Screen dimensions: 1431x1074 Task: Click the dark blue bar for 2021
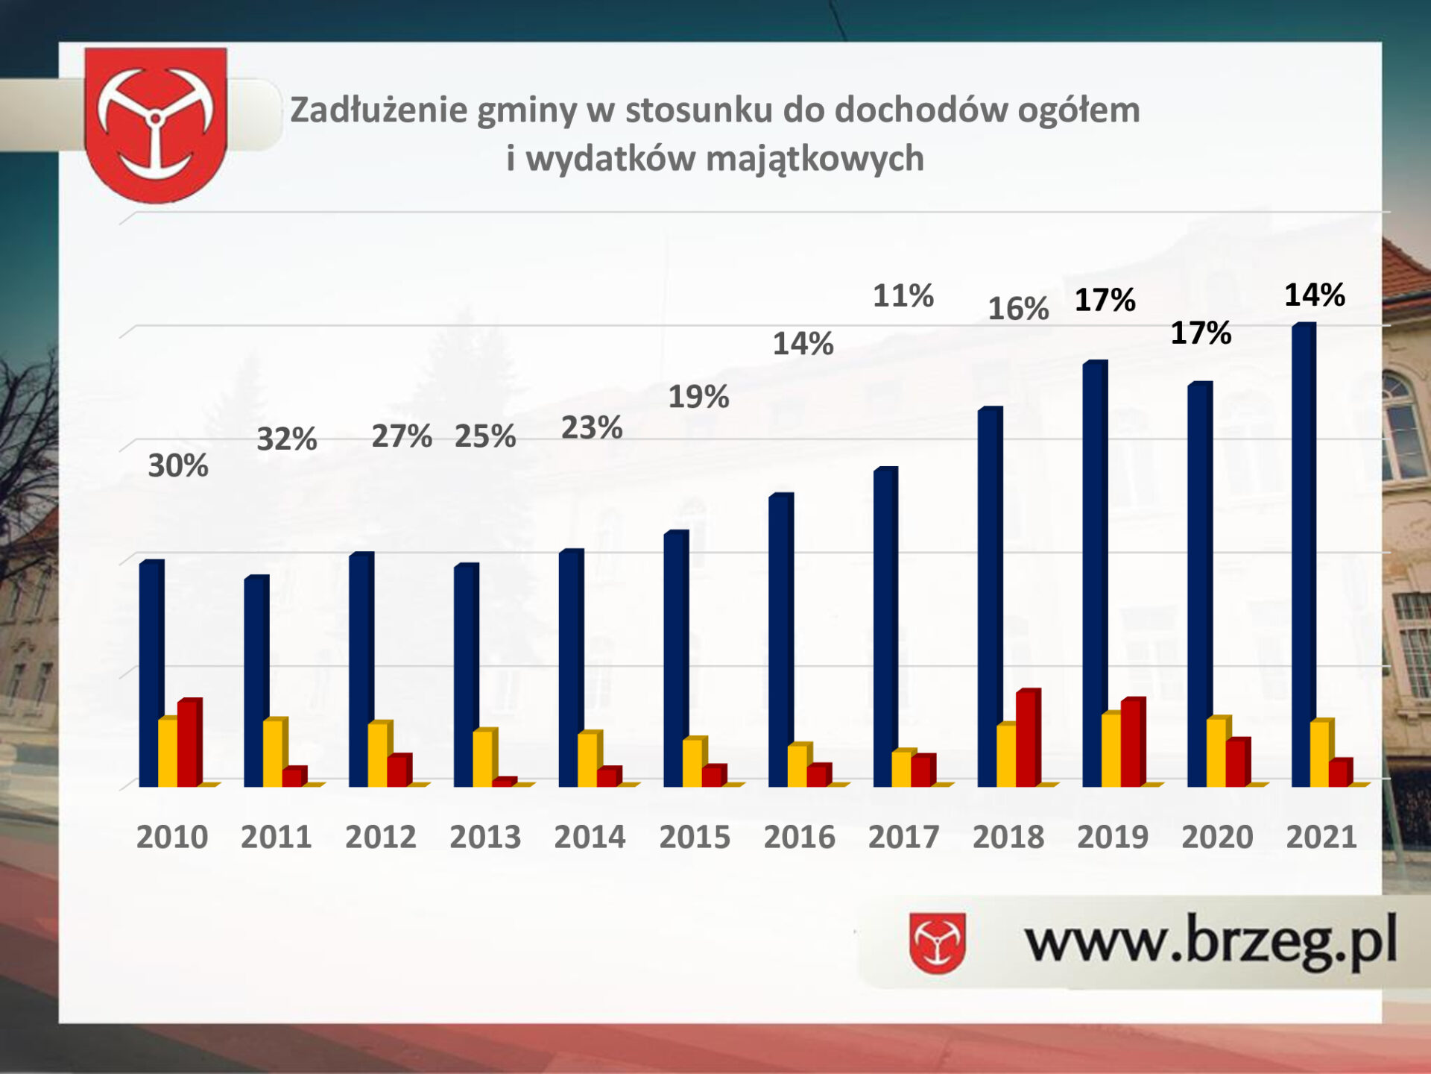(x=1304, y=555)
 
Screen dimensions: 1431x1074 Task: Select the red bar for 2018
(x=1029, y=738)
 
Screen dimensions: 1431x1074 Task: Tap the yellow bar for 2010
(x=168, y=752)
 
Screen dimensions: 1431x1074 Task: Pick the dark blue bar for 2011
(x=256, y=681)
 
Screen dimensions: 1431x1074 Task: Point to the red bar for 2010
(x=189, y=743)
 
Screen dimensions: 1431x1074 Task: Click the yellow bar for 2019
(x=1112, y=749)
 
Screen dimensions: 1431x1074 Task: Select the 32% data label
(x=287, y=439)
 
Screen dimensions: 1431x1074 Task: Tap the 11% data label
(x=903, y=295)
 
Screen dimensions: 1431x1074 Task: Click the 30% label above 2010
(x=178, y=465)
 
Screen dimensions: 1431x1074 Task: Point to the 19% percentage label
(x=698, y=396)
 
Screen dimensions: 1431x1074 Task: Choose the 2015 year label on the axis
(x=695, y=837)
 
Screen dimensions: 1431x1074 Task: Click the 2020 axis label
(x=1217, y=837)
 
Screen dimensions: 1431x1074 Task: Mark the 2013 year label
(x=485, y=837)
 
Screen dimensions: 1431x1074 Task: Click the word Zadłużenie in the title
(x=379, y=110)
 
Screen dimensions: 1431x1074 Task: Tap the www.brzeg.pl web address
(x=1210, y=942)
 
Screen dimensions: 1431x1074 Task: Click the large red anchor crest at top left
(x=156, y=125)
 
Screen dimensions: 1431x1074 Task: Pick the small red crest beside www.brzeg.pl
(x=938, y=943)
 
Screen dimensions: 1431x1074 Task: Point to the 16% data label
(x=1018, y=308)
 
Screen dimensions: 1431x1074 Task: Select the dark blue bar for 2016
(x=781, y=640)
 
